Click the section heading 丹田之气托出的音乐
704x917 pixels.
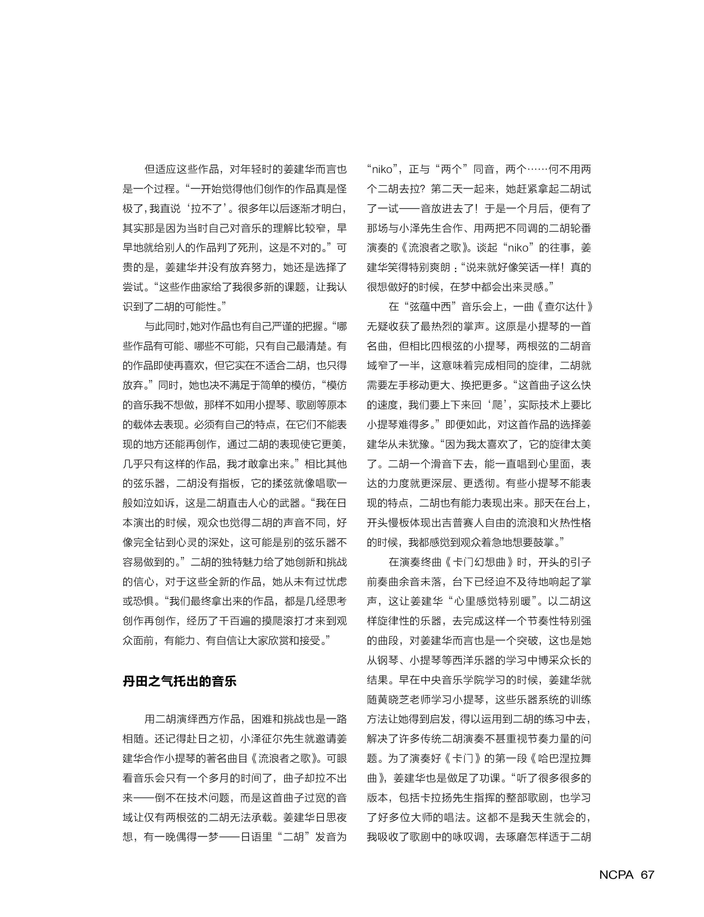point(179,681)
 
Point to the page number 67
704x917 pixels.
point(647,874)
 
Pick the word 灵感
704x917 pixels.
point(533,287)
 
